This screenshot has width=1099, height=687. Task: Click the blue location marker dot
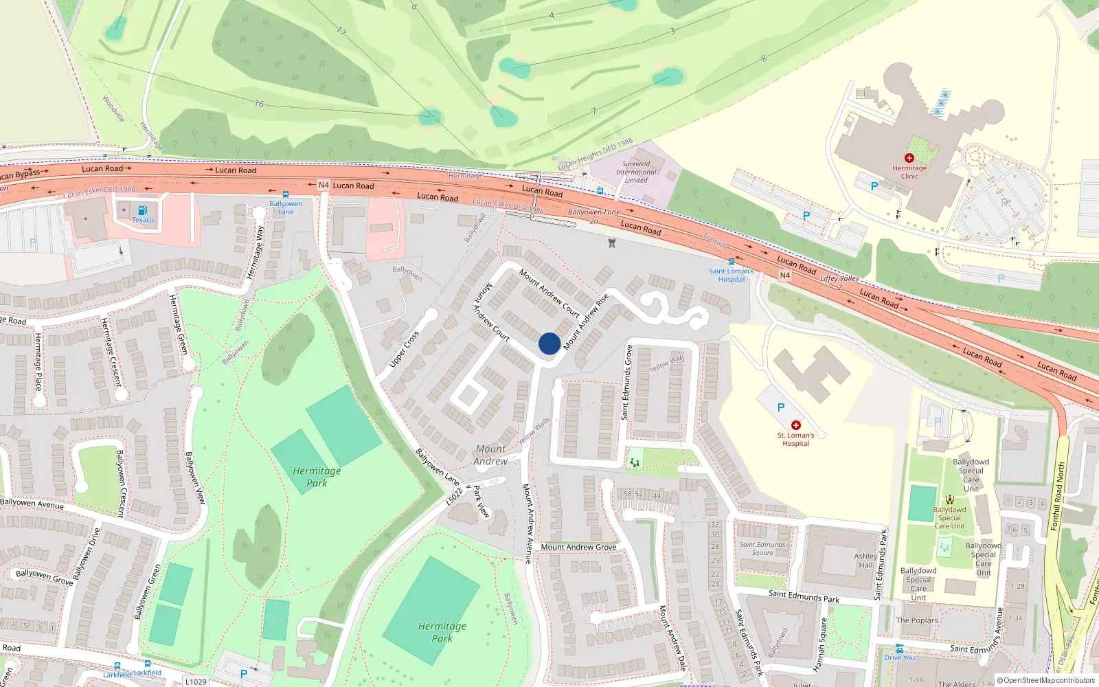tap(549, 343)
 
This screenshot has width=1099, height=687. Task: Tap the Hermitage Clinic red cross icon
tap(909, 158)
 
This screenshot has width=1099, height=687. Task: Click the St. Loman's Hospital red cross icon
tap(795, 425)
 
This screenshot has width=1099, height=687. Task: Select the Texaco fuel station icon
tap(142, 210)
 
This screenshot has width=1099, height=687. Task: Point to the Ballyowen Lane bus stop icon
tap(286, 195)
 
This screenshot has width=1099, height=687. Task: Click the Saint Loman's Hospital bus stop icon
tap(731, 262)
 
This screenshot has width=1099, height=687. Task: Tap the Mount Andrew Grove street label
tap(578, 548)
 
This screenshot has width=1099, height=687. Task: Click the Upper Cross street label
tap(404, 349)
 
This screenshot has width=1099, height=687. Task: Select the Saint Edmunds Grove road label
tap(626, 382)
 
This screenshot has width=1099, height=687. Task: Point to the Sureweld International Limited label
tap(636, 172)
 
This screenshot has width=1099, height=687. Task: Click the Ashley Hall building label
tap(865, 561)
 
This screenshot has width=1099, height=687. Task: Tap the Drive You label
tap(899, 657)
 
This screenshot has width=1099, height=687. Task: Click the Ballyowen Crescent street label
tap(121, 483)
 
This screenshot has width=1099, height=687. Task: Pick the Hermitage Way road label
tap(256, 252)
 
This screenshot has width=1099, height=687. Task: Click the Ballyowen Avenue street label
tap(32, 504)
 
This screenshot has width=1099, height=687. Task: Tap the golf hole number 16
tap(259, 104)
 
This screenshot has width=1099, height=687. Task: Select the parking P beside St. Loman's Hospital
tap(781, 407)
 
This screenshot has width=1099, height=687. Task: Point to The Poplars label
tap(916, 620)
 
